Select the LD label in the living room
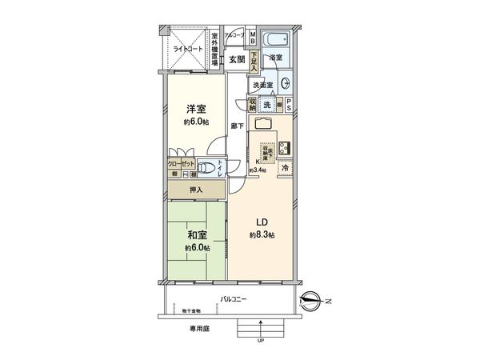coord(261,222)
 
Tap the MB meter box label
coord(253,38)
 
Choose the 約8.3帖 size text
coord(261,235)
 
